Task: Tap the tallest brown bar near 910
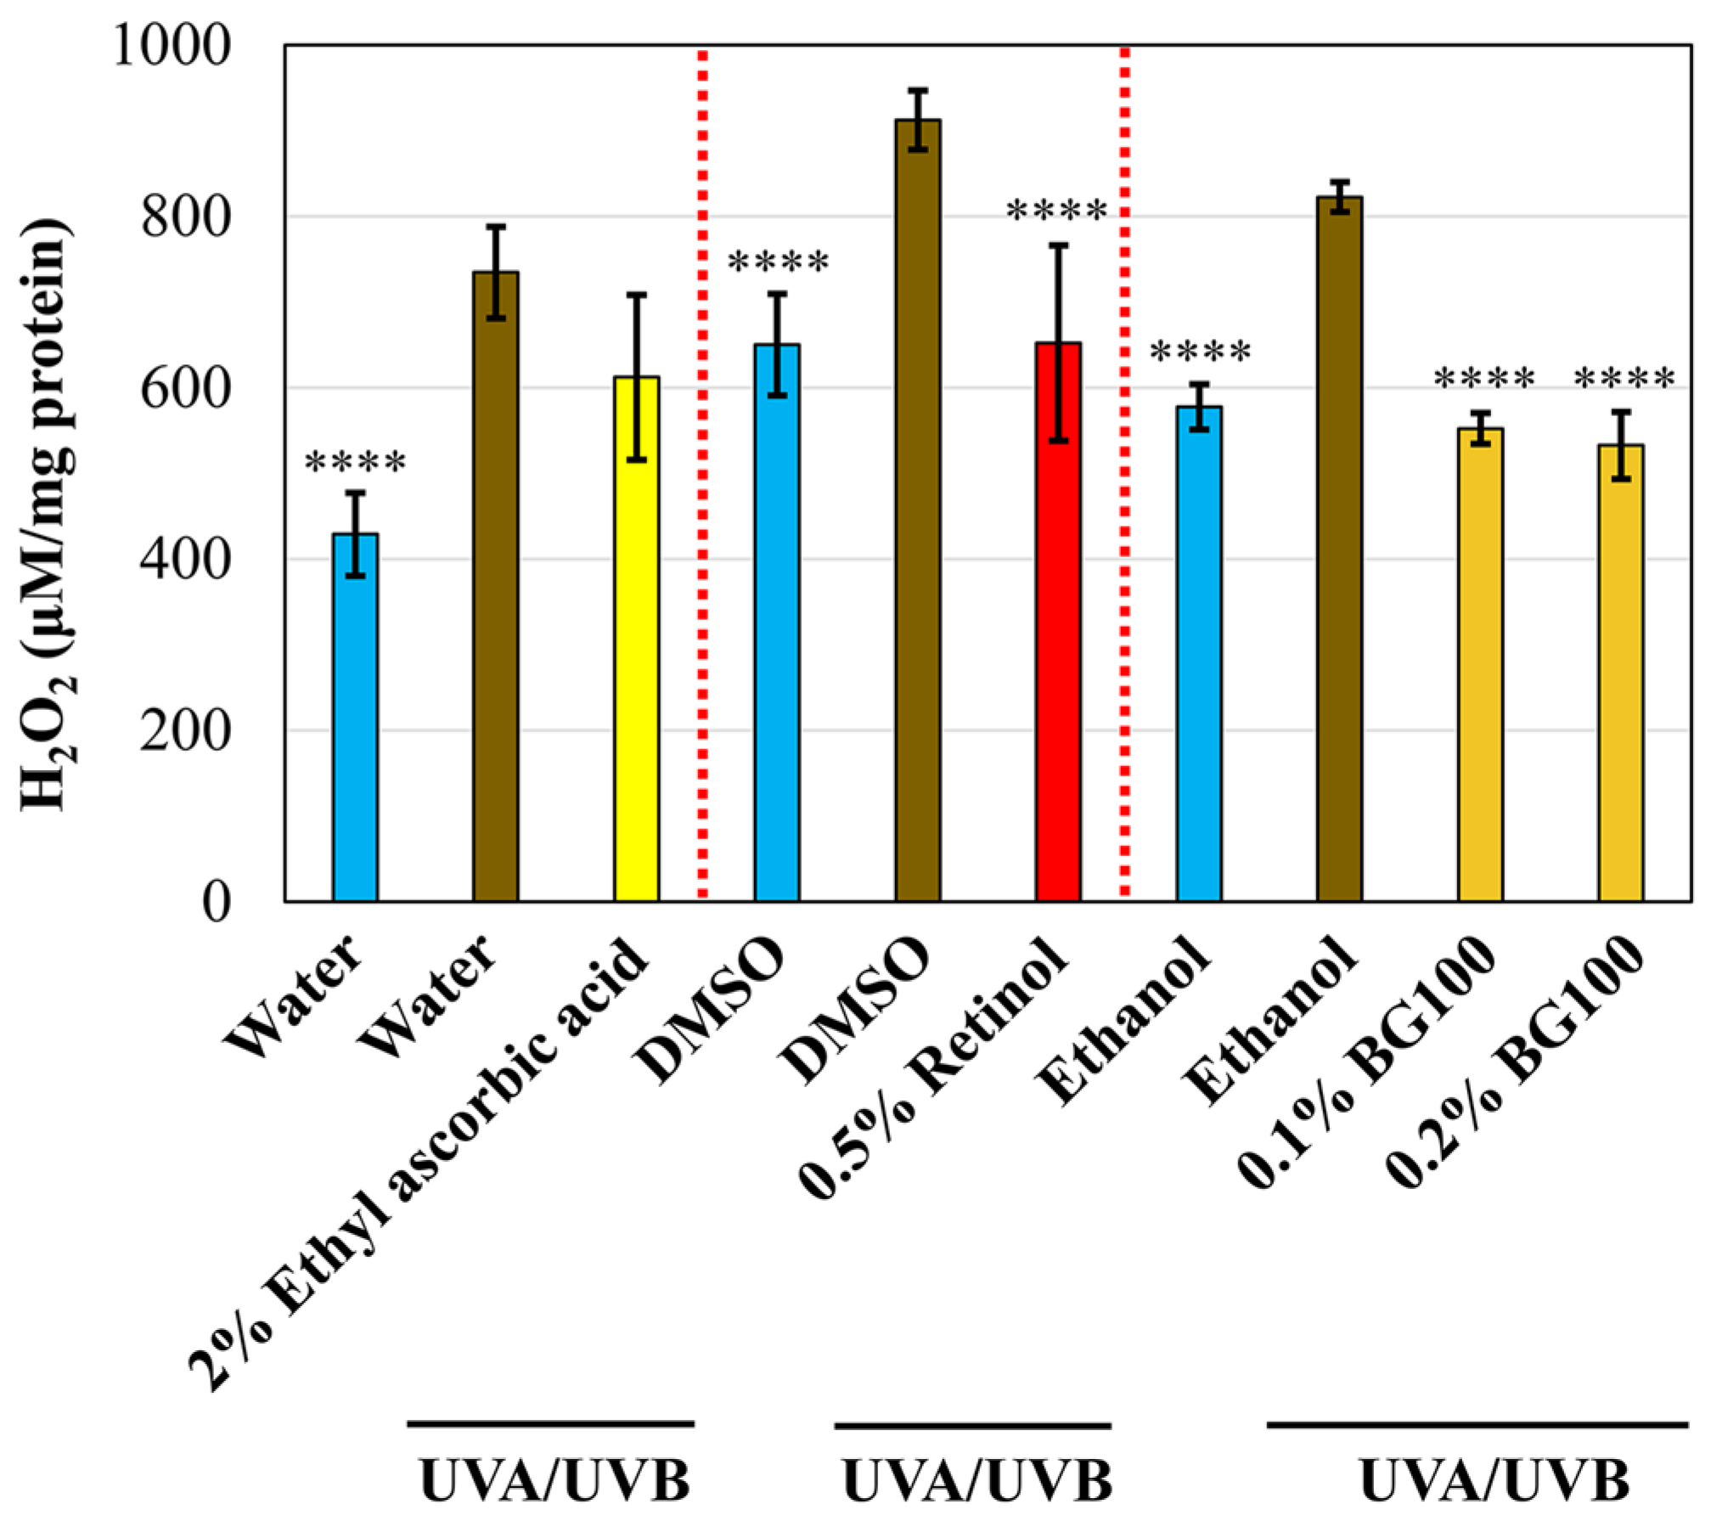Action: (918, 510)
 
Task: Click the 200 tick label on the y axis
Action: (185, 730)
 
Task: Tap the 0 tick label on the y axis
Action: (217, 902)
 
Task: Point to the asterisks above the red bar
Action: (1057, 210)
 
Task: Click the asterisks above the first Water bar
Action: (355, 463)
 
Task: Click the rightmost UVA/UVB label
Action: (1494, 1481)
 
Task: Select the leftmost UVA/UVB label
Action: (554, 1481)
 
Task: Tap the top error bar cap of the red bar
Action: (1058, 245)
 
